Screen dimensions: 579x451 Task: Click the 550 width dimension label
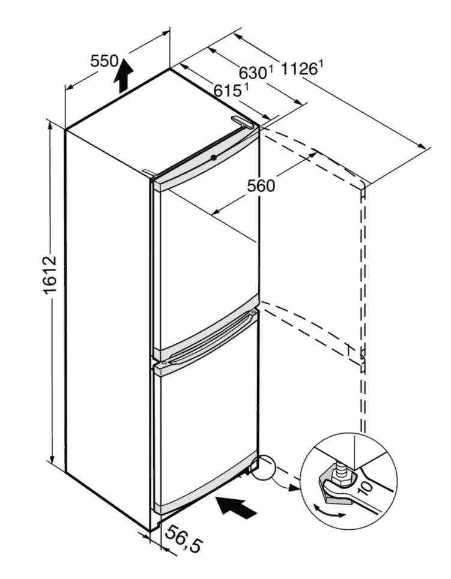[103, 61]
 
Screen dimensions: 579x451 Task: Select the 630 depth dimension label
[253, 73]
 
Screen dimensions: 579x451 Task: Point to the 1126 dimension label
[298, 69]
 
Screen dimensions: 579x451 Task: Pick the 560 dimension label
[261, 186]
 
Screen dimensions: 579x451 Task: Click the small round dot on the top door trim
[213, 158]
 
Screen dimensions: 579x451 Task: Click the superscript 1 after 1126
[321, 63]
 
